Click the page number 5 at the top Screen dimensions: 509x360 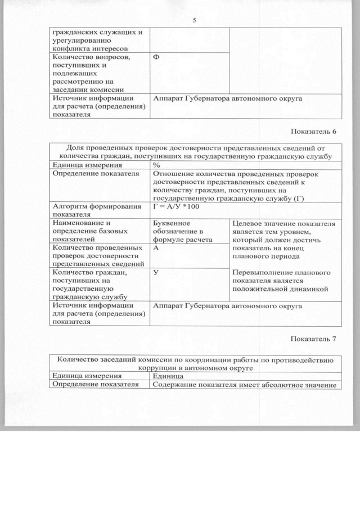coord(194,21)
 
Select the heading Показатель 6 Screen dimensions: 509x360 coord(313,132)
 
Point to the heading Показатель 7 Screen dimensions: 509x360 coord(313,339)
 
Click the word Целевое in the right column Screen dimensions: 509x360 coord(247,223)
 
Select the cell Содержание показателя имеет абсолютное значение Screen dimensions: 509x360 coord(244,385)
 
